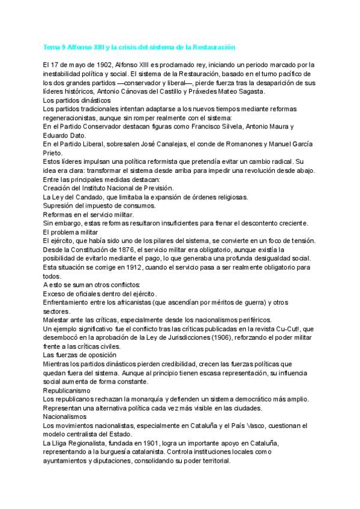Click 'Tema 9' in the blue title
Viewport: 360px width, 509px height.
[57, 46]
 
